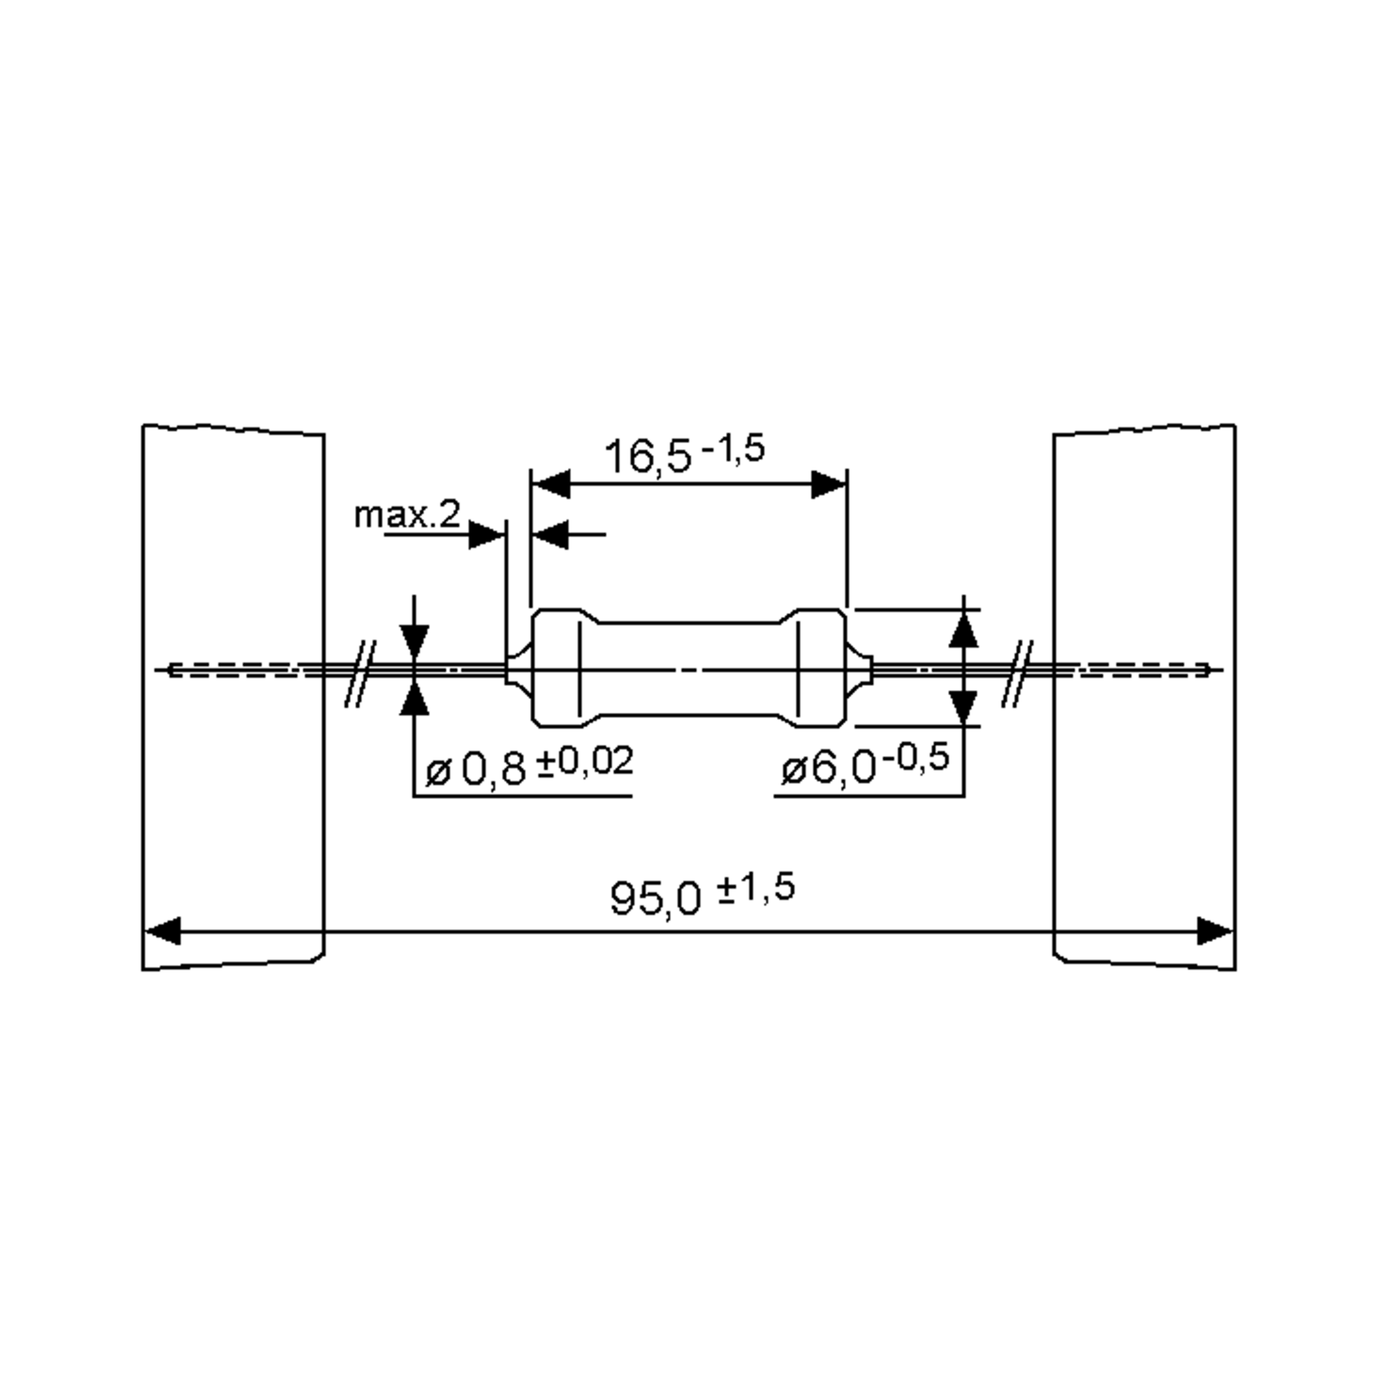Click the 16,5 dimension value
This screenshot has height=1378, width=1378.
coord(647,456)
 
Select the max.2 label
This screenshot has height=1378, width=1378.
coord(407,514)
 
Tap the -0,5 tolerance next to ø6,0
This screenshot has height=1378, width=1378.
coord(916,757)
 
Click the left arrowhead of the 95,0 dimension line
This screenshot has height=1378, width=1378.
coord(162,931)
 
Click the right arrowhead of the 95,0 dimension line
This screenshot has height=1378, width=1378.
coord(1215,931)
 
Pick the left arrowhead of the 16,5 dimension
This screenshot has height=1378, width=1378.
coord(551,484)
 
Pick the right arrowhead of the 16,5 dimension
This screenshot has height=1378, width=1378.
coord(829,484)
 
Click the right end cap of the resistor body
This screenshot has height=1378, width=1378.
coord(820,668)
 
